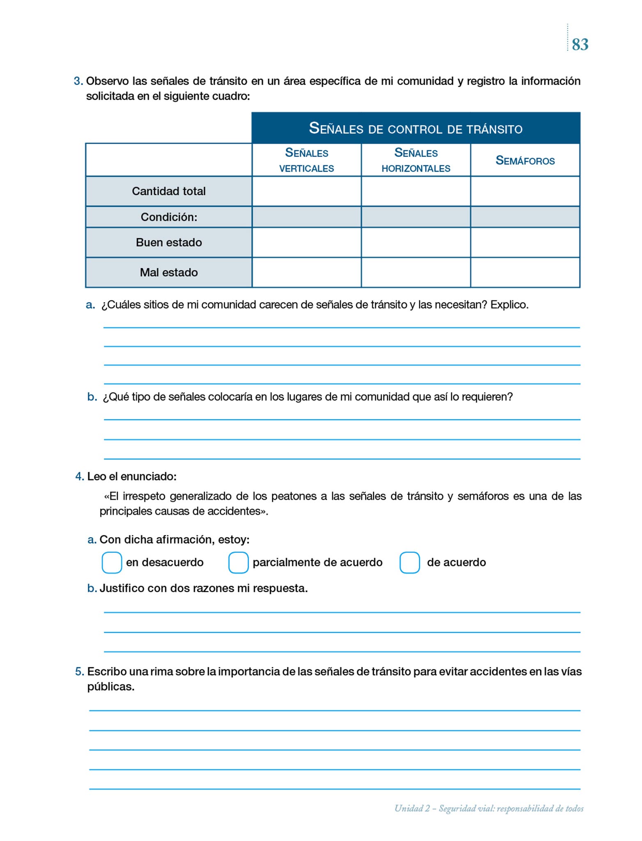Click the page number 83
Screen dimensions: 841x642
click(580, 44)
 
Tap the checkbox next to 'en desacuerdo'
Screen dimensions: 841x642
click(112, 562)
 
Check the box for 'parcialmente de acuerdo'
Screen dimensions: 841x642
click(238, 562)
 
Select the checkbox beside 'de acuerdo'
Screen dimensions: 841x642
click(409, 562)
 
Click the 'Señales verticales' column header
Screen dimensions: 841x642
click(307, 160)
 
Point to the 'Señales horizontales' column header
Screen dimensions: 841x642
click(416, 160)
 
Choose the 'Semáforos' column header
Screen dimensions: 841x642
click(525, 160)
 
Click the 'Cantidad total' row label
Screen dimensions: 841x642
click(169, 191)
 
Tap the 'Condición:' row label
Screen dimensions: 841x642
click(169, 217)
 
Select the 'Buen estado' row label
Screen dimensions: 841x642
click(169, 243)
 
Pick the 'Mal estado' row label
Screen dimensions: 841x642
click(169, 272)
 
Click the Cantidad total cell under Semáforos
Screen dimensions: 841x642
click(525, 191)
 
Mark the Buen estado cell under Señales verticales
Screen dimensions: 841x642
click(307, 243)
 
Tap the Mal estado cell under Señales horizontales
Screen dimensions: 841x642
click(416, 272)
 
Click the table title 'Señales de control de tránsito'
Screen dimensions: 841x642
click(415, 129)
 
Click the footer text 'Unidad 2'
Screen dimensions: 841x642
click(412, 809)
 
